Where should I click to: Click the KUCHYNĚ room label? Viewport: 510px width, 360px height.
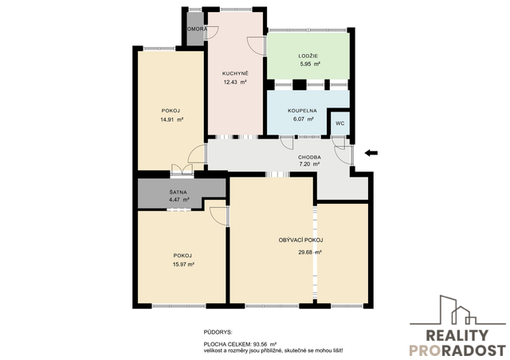coord(235,73)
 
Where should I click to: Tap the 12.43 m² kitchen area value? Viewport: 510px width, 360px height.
coord(235,82)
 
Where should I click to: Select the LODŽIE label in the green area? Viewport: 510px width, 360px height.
coord(308,56)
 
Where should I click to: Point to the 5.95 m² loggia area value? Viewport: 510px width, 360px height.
coord(310,65)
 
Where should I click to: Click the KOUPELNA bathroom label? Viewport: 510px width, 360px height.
coord(302,111)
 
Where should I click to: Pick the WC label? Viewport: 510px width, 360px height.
coord(340,123)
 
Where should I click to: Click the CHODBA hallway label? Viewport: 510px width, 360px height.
coord(309,158)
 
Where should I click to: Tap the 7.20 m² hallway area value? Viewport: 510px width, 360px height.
coord(309,164)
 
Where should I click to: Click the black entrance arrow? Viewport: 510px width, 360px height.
coord(371,153)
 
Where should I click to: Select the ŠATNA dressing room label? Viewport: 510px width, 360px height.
coord(178,192)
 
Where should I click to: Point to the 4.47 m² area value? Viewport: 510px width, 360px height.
coord(178,200)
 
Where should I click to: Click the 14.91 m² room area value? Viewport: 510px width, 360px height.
coord(172,119)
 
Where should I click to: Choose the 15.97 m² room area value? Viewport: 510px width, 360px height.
coord(183,264)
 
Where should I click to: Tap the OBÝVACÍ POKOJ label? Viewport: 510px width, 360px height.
coord(300,241)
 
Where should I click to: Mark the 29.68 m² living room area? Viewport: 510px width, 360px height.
coord(310,252)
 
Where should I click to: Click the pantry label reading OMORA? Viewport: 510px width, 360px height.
coord(196,29)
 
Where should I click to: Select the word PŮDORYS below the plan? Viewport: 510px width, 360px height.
coord(218,332)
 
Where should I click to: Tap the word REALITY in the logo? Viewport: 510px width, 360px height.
coord(457,335)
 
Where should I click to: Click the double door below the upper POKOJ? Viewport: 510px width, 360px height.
coord(182,170)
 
